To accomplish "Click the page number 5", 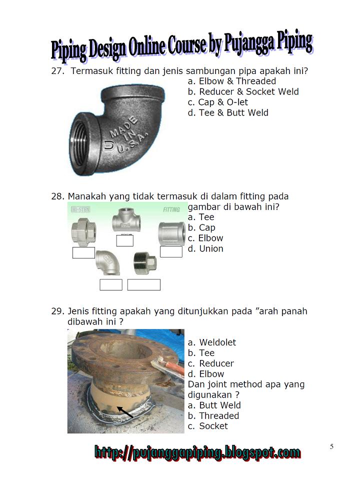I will tap(331, 446).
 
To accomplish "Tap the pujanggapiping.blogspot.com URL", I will tap(197, 453).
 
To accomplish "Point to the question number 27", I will tap(58, 71).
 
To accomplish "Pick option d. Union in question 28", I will tap(205, 248).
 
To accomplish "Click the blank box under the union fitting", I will tap(83, 252).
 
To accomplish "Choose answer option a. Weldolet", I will tap(211, 342).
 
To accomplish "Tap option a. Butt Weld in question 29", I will tap(214, 405).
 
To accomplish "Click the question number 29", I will tap(58, 311).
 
